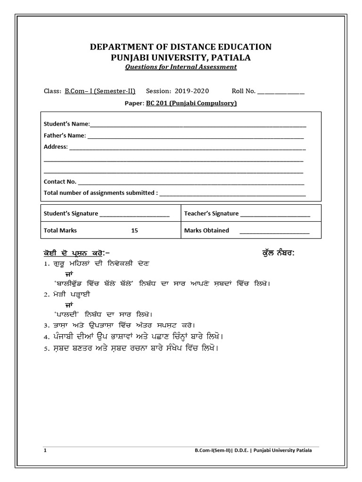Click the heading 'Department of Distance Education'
pyautogui.click(x=181, y=47)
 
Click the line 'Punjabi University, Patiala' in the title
pyautogui.click(x=181, y=57)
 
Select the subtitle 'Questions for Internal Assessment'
pyautogui.click(x=181, y=67)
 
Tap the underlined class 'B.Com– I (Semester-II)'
pyautogui.click(x=100, y=91)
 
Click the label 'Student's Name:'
pyautogui.click(x=66, y=124)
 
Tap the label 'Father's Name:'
pyautogui.click(x=65, y=136)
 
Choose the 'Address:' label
pyautogui.click(x=56, y=147)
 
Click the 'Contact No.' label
pyautogui.click(x=60, y=181)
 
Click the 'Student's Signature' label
pyautogui.click(x=71, y=214)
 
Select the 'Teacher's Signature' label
pyautogui.click(x=211, y=214)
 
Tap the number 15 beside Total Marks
pyautogui.click(x=135, y=231)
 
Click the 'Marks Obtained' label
pyautogui.click(x=206, y=231)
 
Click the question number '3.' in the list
pyautogui.click(x=46, y=325)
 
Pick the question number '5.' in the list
pyautogui.click(x=46, y=349)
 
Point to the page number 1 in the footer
pyautogui.click(x=45, y=450)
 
